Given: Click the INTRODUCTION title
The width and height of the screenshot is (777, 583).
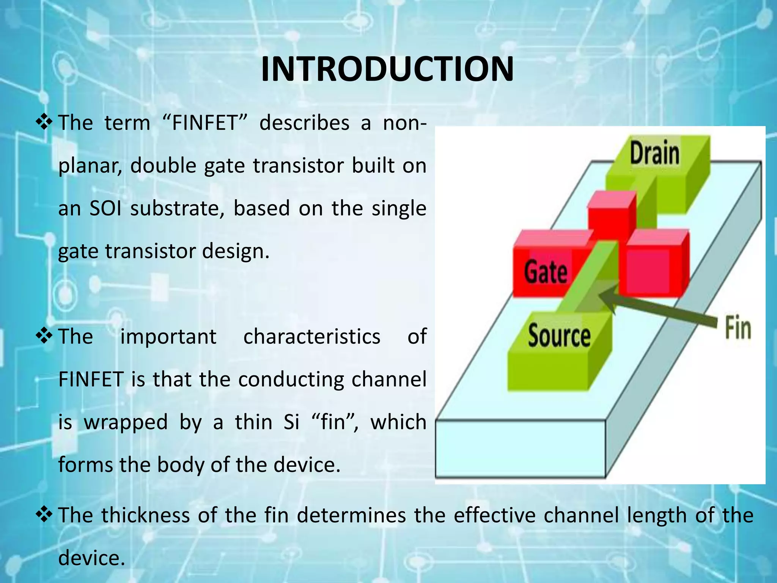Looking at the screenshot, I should point(387,69).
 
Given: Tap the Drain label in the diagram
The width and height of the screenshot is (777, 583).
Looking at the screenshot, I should point(654,153).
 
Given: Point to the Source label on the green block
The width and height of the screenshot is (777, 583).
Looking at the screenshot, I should point(559,336).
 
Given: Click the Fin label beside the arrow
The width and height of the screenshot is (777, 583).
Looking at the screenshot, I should point(738,328).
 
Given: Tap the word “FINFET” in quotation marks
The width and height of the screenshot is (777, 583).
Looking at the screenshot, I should point(205,123).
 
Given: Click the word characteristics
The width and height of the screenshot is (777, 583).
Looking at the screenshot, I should point(311,337).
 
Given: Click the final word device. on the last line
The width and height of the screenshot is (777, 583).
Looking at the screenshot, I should point(91,558).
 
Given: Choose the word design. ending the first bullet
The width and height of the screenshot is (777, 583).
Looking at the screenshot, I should point(235,251).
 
